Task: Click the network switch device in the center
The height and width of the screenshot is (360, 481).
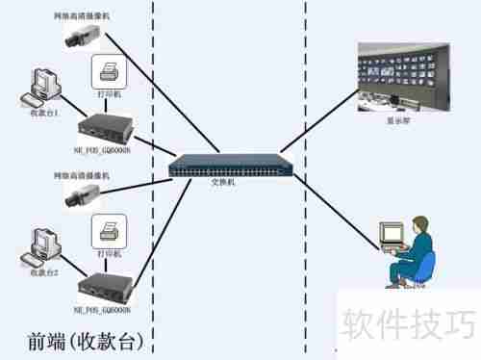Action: (231, 166)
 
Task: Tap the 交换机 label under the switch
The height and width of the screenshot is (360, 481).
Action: (223, 182)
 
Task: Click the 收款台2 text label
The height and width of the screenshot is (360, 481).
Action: (44, 273)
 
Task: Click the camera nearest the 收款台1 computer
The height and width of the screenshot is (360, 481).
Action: (79, 37)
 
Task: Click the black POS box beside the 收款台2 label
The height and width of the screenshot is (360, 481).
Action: (106, 284)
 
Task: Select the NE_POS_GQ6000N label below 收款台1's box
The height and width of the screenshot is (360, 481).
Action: (104, 150)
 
